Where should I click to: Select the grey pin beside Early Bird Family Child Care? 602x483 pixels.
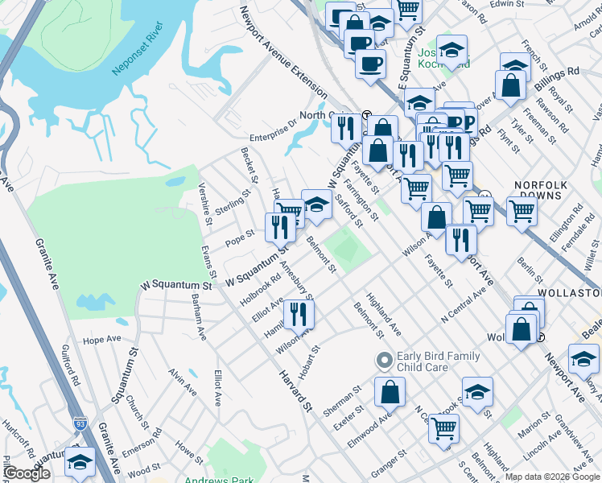pos(385,359)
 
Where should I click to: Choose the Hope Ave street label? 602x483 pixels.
pos(101,341)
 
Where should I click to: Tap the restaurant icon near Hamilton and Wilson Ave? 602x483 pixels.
pos(299,314)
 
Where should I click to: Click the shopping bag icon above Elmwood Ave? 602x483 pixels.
pos(390,391)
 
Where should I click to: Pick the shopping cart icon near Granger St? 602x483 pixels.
pos(443,427)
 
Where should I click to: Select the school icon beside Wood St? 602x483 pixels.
pos(80,461)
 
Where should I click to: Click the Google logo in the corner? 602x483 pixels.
pos(27,473)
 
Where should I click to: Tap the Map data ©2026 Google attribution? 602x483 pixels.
pos(552,477)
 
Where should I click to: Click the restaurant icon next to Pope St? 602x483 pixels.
pos(280,228)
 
